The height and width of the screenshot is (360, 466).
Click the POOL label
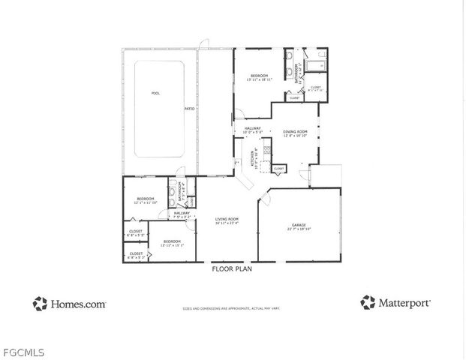pos(156,93)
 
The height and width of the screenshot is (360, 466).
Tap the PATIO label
pos(190,109)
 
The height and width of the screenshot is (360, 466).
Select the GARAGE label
pos(299,226)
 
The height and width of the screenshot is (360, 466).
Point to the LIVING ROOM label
pos(227,220)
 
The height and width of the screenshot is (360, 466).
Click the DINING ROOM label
pos(296,133)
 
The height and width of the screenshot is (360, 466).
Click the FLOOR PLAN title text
pos(231,268)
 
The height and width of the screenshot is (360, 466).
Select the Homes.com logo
pos(69,304)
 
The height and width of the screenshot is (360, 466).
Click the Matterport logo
pos(395,303)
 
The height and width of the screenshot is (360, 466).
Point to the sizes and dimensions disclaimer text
pos(233,307)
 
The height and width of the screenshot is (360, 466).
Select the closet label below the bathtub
pos(315,88)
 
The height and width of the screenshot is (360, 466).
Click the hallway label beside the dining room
pos(253,130)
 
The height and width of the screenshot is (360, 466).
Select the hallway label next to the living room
pos(182,214)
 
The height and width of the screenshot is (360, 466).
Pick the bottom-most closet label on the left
pos(136,255)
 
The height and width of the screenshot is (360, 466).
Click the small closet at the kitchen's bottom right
pos(278,169)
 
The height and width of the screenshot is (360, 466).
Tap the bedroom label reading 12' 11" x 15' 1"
pos(173,243)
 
